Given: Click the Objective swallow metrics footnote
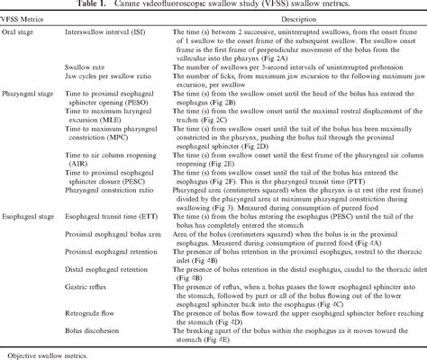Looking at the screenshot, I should [46, 353].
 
